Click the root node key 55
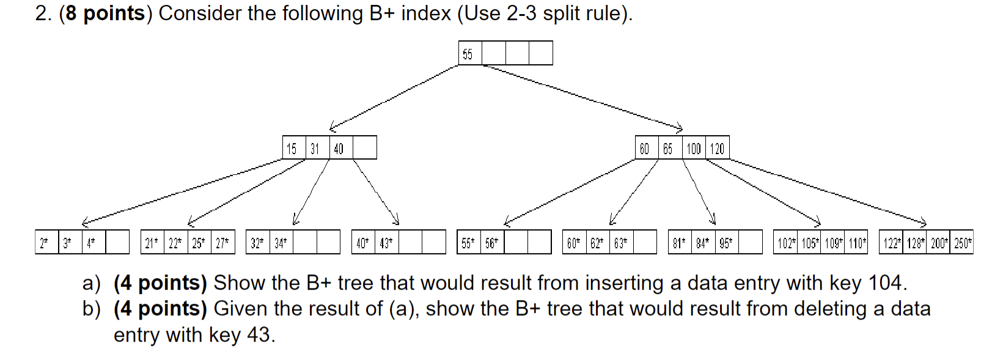pyautogui.click(x=468, y=54)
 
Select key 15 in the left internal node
pyautogui.click(x=292, y=149)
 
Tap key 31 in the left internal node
pyautogui.click(x=315, y=149)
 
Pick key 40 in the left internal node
pyautogui.click(x=339, y=149)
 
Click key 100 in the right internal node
pyautogui.click(x=694, y=149)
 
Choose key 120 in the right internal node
pyautogui.click(x=718, y=149)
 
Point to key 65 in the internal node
pyautogui.click(x=668, y=149)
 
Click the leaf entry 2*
pyautogui.click(x=44, y=243)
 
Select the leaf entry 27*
pyautogui.click(x=222, y=243)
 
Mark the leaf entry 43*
pyautogui.click(x=386, y=243)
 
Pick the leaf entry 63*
pyautogui.click(x=620, y=243)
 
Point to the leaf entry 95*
pyautogui.click(x=726, y=243)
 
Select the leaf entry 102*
pyautogui.click(x=785, y=243)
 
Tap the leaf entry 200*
pyautogui.click(x=938, y=243)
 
